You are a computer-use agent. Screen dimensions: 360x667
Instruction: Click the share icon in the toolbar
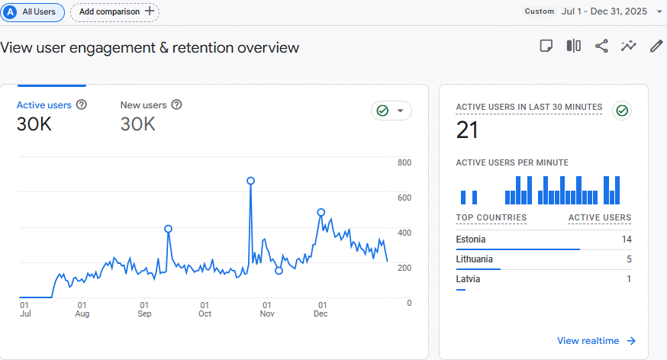pyautogui.click(x=601, y=46)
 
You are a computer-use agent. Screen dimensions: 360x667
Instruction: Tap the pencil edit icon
pyautogui.click(x=656, y=46)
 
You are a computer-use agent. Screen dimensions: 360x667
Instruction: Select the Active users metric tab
pyautogui.click(x=44, y=105)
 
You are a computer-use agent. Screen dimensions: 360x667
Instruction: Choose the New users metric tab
pyautogui.click(x=143, y=105)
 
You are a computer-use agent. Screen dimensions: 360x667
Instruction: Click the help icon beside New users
pyautogui.click(x=177, y=105)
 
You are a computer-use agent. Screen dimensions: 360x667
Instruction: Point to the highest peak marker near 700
pyautogui.click(x=250, y=182)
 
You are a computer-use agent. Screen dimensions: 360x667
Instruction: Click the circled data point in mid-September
pyautogui.click(x=168, y=229)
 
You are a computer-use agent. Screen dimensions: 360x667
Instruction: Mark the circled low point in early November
pyautogui.click(x=279, y=271)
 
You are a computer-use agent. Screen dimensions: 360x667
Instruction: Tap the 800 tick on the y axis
pyautogui.click(x=404, y=162)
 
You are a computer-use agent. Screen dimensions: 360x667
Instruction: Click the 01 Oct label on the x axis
pyautogui.click(x=205, y=309)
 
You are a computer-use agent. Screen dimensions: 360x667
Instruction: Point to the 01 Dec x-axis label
pyautogui.click(x=321, y=309)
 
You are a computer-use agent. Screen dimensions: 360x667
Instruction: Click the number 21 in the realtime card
pyautogui.click(x=467, y=130)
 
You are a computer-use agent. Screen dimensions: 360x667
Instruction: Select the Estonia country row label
pyautogui.click(x=471, y=239)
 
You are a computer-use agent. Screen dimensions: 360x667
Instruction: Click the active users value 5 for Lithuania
pyautogui.click(x=628, y=259)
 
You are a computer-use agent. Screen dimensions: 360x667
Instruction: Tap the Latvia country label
pyautogui.click(x=468, y=279)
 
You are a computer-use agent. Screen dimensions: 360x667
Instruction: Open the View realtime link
pyautogui.click(x=596, y=341)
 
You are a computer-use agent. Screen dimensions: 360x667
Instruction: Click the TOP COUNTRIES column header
pyautogui.click(x=491, y=217)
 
